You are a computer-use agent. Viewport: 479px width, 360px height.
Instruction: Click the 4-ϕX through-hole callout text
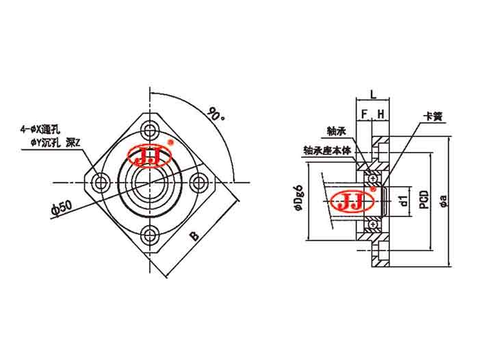42,127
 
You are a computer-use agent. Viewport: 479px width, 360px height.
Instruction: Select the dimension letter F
364,113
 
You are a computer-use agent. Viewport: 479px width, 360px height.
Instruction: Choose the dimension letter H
380,113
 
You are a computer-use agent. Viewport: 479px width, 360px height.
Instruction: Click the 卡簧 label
434,117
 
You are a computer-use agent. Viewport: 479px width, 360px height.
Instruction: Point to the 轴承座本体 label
326,150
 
